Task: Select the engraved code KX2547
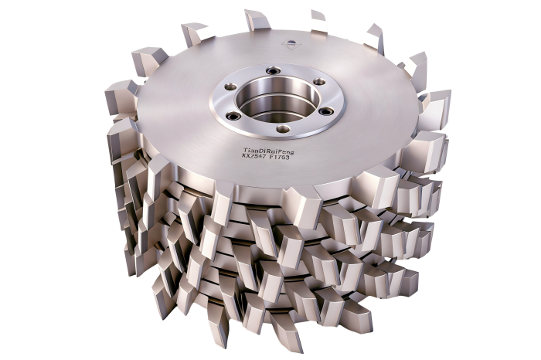[x=253, y=156]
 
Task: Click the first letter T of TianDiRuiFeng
[x=245, y=150]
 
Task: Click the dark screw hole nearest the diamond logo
[x=272, y=70]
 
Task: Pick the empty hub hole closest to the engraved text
[x=284, y=129]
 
